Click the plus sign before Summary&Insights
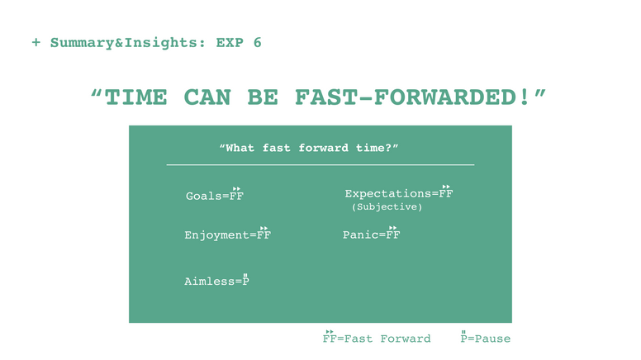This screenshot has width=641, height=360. pos(36,42)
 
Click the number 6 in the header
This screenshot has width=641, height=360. pos(257,42)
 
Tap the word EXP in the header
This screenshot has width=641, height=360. pos(230,42)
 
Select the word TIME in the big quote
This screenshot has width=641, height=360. pos(135,97)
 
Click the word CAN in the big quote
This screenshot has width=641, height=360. pos(207,97)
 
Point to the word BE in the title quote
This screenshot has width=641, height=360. pos(263,97)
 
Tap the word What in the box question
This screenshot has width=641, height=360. pos(240,148)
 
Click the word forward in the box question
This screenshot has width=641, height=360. pos(323,148)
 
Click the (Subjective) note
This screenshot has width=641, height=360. pos(387,206)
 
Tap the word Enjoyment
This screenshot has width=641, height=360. pos(216,235)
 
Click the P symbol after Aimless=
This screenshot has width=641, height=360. pos(245,280)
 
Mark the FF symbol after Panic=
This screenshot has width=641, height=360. pos(393,233)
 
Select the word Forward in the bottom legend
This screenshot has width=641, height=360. pos(406,339)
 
